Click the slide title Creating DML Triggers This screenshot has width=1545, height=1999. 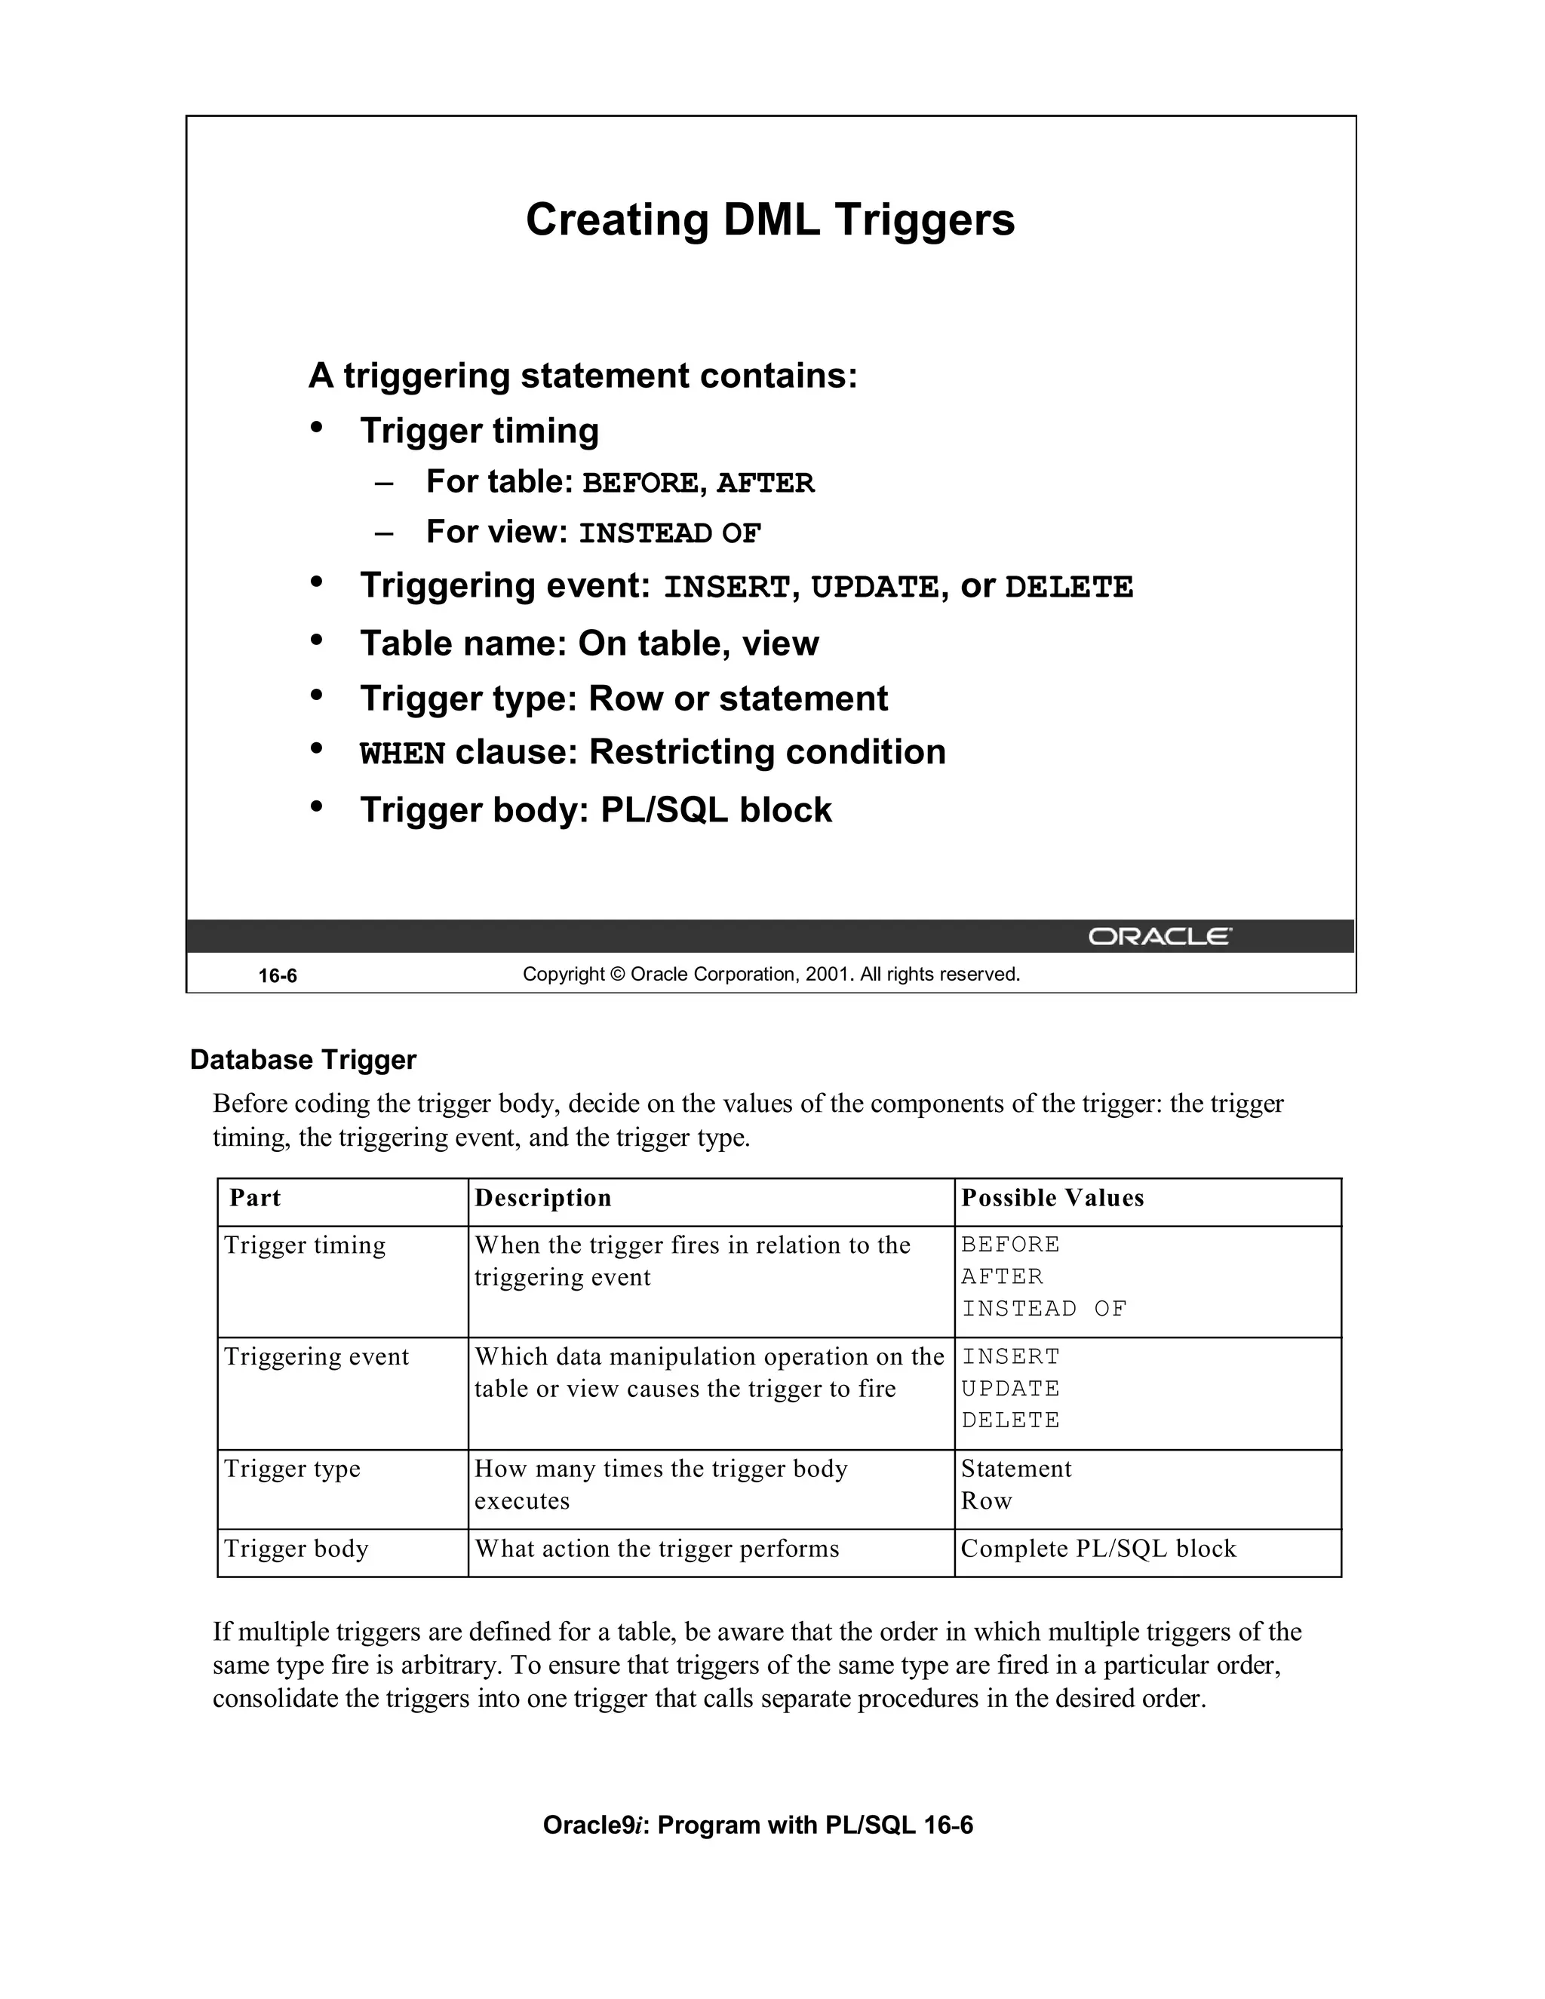769,220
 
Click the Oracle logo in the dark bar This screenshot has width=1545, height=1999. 1159,936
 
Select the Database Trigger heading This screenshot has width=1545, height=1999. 303,1060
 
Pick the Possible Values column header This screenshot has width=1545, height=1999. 1052,1198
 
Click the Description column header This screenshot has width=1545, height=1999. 542,1198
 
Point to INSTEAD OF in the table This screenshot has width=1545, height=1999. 1043,1309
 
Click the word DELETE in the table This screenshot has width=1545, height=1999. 1009,1420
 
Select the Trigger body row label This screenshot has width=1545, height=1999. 296,1549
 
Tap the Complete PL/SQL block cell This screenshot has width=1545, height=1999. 1098,1549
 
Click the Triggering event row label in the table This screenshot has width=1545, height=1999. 316,1356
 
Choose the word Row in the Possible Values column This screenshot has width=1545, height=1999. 986,1501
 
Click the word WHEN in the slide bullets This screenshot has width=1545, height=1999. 402,754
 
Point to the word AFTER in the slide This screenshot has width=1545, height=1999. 764,484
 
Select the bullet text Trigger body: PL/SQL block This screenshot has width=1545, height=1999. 595,810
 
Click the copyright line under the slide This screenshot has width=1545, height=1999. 771,975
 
